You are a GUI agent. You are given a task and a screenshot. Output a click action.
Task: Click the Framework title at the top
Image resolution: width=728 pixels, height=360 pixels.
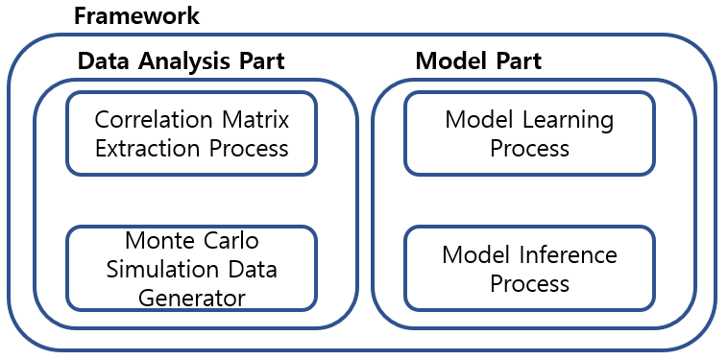tap(137, 16)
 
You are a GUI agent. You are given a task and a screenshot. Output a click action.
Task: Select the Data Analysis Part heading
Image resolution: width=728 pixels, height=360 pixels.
tap(182, 61)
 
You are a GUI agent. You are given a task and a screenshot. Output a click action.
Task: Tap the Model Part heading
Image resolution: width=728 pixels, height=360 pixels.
tap(478, 61)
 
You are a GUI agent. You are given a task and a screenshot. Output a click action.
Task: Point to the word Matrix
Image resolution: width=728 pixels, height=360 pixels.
tap(255, 120)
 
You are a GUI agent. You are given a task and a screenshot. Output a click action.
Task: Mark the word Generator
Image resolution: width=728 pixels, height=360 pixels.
tap(192, 299)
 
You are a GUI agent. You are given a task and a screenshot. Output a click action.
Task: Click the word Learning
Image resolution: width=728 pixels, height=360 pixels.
tap(569, 121)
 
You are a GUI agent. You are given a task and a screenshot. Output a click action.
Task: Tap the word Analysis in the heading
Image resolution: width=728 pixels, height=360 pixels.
tap(183, 62)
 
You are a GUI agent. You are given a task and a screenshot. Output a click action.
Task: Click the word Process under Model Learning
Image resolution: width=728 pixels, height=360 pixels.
tap(530, 149)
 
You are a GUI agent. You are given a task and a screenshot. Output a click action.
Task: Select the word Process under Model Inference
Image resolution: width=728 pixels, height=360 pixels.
tap(530, 283)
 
